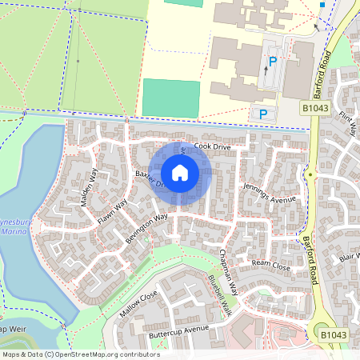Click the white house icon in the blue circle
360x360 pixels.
(x=179, y=172)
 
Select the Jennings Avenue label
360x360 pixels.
(x=268, y=194)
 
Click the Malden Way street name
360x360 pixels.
(x=89, y=188)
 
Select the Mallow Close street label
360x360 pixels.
(x=138, y=304)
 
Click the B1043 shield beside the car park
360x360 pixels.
(x=316, y=106)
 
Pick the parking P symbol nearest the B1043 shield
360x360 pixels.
(x=263, y=114)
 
